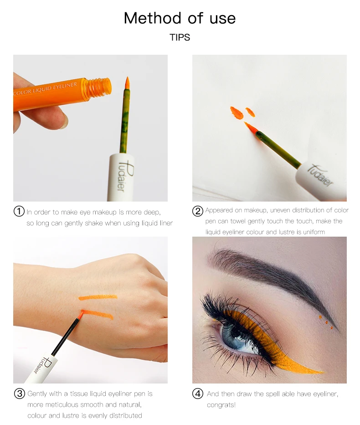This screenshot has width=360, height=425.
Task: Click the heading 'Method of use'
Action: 180,18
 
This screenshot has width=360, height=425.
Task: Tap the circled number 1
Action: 19,212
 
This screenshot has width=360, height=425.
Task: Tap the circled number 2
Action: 198,211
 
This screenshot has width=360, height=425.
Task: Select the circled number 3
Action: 19,393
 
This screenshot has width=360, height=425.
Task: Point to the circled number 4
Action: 198,393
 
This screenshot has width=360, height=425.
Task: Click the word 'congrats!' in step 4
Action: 222,404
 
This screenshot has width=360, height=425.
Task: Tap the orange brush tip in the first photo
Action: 127,83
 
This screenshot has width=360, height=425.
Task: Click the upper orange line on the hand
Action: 98,297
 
